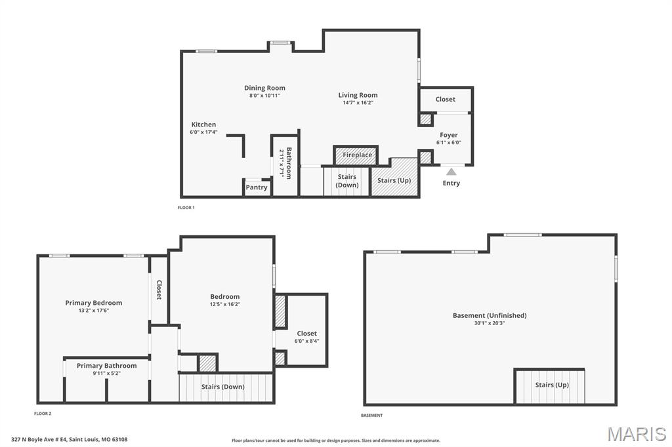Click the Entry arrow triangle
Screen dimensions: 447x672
pyautogui.click(x=451, y=172)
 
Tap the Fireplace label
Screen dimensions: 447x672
pyautogui.click(x=358, y=155)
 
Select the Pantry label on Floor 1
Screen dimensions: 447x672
pyautogui.click(x=257, y=187)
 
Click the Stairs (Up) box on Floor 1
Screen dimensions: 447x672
pyautogui.click(x=394, y=180)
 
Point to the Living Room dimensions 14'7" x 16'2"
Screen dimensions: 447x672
pyautogui.click(x=358, y=103)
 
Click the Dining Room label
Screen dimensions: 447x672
pyautogui.click(x=264, y=88)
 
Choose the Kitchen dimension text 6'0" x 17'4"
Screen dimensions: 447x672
pyautogui.click(x=203, y=132)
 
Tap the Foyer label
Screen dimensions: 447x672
pyautogui.click(x=449, y=135)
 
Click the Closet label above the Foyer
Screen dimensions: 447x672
pyautogui.click(x=446, y=100)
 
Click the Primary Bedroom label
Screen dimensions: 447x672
pyautogui.click(x=94, y=303)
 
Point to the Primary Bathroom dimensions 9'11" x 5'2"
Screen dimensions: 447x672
pyautogui.click(x=106, y=374)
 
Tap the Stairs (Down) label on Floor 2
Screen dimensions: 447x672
pyautogui.click(x=223, y=387)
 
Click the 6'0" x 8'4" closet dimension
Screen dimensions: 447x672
pyautogui.click(x=306, y=341)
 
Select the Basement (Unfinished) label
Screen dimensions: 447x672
pyautogui.click(x=490, y=315)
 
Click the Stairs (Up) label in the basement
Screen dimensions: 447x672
pyautogui.click(x=552, y=385)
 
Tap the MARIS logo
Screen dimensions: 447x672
pyautogui.click(x=637, y=434)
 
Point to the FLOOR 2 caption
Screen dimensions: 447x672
pyautogui.click(x=43, y=414)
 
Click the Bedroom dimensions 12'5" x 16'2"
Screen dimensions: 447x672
pyautogui.click(x=225, y=304)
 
